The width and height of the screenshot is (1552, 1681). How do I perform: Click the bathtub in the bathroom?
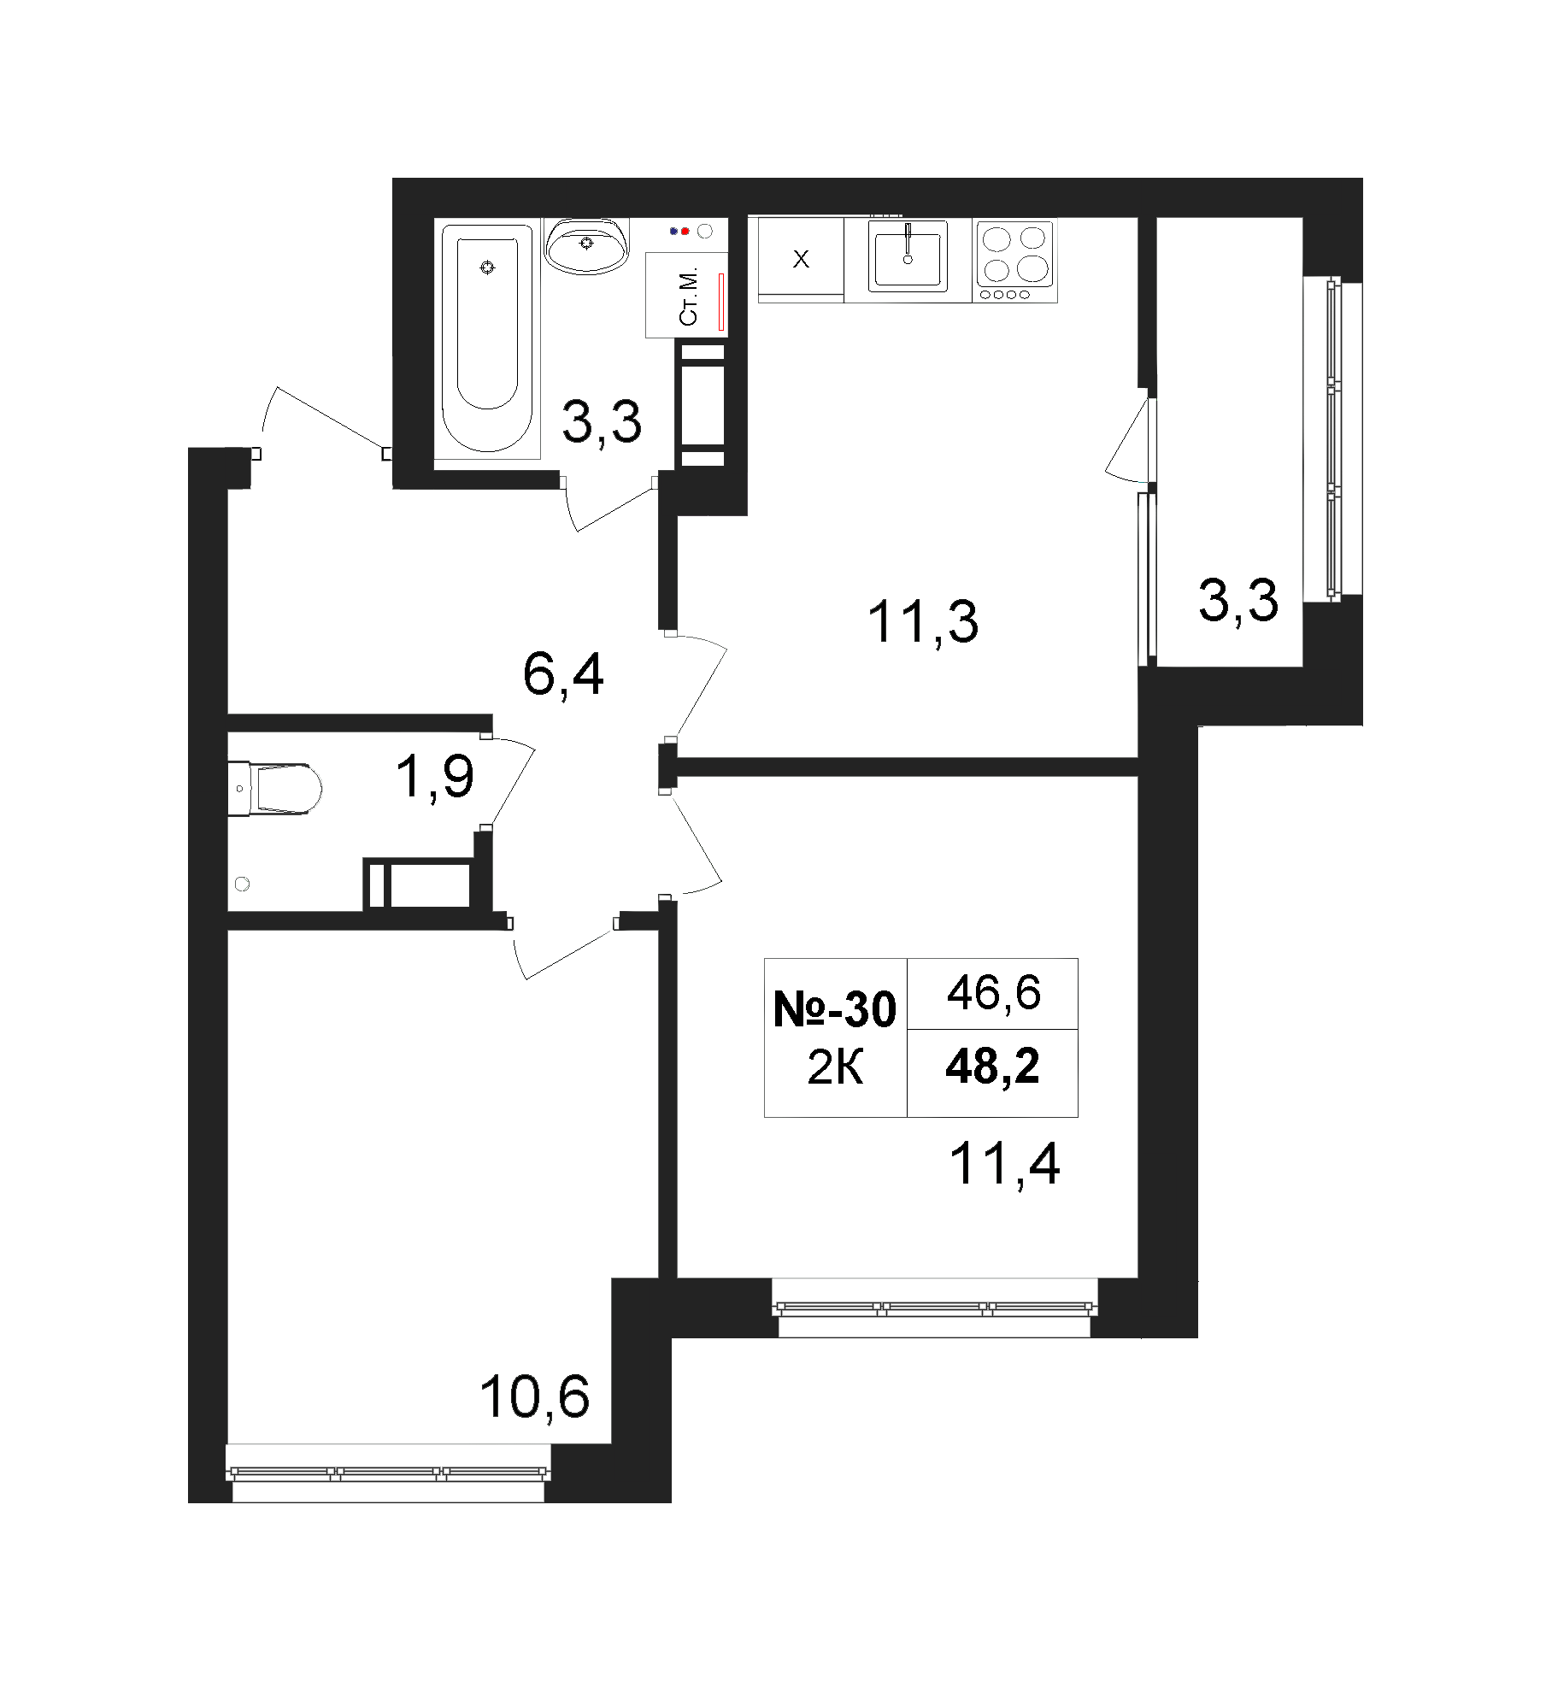click(x=487, y=338)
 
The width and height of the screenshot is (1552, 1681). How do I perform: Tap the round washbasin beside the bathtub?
click(x=587, y=245)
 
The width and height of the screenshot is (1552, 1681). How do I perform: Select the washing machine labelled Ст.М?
click(x=686, y=294)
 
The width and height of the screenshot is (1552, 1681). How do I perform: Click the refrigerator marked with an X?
click(x=801, y=260)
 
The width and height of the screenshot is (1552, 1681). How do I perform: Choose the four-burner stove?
click(x=1015, y=260)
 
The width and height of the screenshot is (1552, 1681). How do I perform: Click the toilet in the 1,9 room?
click(x=274, y=787)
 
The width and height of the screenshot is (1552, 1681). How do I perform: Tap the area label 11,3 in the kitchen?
click(x=923, y=622)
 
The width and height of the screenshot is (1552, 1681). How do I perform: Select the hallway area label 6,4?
click(x=563, y=675)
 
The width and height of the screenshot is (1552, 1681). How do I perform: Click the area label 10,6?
click(x=535, y=1398)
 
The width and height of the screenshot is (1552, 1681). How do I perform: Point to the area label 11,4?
click(x=1005, y=1163)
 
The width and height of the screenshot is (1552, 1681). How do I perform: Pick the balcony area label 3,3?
click(x=1238, y=600)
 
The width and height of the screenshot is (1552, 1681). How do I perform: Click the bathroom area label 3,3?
click(x=602, y=421)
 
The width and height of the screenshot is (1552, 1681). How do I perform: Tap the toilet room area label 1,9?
click(x=434, y=778)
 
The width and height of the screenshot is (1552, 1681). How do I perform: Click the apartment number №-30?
click(x=834, y=1010)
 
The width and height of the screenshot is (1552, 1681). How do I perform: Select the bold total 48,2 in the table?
click(x=992, y=1067)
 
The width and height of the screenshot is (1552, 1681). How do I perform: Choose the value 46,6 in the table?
click(x=993, y=994)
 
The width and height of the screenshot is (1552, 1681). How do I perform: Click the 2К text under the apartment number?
click(x=835, y=1068)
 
